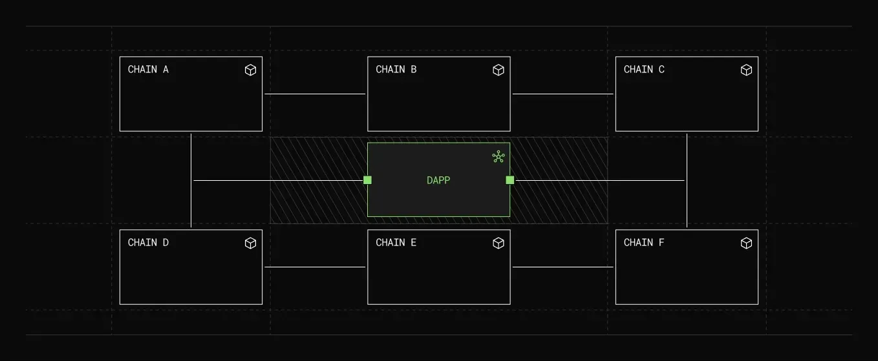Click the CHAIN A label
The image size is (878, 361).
[x=148, y=70]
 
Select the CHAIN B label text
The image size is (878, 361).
[x=396, y=70]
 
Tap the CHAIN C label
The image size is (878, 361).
[x=644, y=70]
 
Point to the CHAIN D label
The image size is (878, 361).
[x=148, y=243]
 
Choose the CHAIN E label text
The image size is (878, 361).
[x=396, y=243]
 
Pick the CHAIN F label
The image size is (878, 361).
[x=644, y=243]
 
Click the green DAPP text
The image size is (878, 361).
[x=438, y=181]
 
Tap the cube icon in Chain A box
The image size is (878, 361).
[x=250, y=70]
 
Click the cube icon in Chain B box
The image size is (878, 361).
[x=498, y=70]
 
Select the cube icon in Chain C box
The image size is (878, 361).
[x=746, y=70]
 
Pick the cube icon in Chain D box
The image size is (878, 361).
[x=250, y=243]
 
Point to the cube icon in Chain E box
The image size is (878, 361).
[x=498, y=243]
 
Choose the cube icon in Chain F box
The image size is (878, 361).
[x=746, y=243]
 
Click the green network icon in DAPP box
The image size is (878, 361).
[x=498, y=156]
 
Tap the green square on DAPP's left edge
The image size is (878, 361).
[x=367, y=180]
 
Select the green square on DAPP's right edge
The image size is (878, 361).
[x=510, y=180]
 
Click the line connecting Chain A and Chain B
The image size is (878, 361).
[x=315, y=94]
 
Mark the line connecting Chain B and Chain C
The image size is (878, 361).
[x=562, y=94]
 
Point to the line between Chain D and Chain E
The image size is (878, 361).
[x=315, y=267]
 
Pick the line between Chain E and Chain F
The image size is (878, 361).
[x=562, y=267]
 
